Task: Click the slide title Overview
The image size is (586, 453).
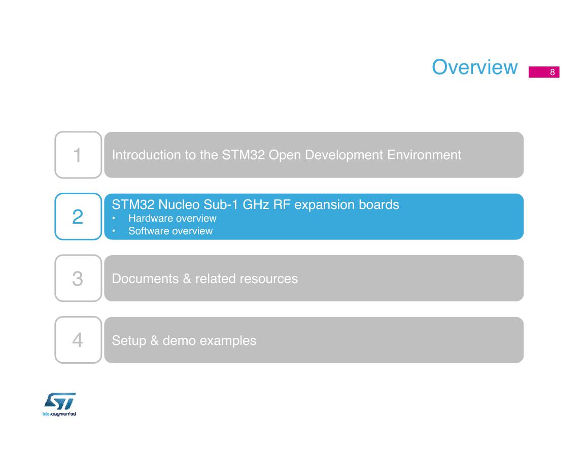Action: pyautogui.click(x=474, y=67)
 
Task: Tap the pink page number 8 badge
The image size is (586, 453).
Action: pyautogui.click(x=544, y=72)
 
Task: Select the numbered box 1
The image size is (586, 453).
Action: pyautogui.click(x=78, y=155)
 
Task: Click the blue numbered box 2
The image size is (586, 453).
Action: pyautogui.click(x=78, y=217)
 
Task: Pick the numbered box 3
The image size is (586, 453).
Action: pyautogui.click(x=78, y=278)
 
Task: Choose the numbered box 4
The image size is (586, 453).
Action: pyautogui.click(x=78, y=340)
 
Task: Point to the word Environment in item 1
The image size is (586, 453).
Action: pyautogui.click(x=424, y=155)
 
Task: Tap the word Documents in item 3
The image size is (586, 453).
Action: pyautogui.click(x=145, y=278)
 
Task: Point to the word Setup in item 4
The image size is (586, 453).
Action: pyautogui.click(x=129, y=341)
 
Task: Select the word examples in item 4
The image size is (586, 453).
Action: pyautogui.click(x=228, y=341)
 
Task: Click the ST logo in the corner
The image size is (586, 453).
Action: pyautogui.click(x=59, y=404)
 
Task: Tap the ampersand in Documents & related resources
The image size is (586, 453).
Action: pyautogui.click(x=187, y=278)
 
